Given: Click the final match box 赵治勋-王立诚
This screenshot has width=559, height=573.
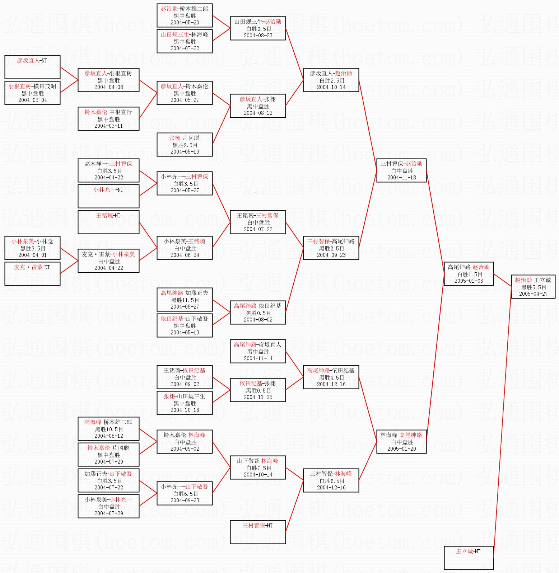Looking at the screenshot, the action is [x=533, y=286].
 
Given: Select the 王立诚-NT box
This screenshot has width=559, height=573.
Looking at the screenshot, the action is [x=469, y=558].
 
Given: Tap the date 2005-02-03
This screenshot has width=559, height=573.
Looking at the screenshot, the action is [x=469, y=281].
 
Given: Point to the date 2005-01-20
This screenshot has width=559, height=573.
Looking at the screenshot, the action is [x=401, y=449].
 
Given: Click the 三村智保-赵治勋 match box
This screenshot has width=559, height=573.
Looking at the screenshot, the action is [x=401, y=170].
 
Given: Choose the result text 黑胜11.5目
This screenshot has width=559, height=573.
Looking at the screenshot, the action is [x=185, y=300].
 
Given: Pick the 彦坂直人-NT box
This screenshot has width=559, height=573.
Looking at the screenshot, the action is [x=32, y=67].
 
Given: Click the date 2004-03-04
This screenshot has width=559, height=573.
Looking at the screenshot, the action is [x=32, y=100].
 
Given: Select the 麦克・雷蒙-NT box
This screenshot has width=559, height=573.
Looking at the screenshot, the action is [x=32, y=273].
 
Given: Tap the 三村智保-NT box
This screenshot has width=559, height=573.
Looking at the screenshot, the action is [x=258, y=532].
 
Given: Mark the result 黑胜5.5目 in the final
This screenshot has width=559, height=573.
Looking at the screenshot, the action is [x=534, y=287].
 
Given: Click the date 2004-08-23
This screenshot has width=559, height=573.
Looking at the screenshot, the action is [x=258, y=36].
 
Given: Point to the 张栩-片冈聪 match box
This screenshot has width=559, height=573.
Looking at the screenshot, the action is [x=185, y=144].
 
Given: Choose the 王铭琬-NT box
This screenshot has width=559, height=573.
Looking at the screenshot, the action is [x=108, y=222].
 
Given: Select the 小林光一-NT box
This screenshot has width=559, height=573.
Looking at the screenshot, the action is [x=108, y=196].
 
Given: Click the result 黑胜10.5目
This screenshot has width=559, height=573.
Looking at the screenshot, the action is [x=109, y=429].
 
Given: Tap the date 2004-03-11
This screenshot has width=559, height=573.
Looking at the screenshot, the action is [x=108, y=126].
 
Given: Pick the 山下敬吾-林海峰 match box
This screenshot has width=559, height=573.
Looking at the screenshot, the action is [x=258, y=467].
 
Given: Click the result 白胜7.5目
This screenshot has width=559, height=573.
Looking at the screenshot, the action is [x=258, y=468].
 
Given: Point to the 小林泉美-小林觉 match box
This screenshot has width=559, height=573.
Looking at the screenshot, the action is [x=32, y=248].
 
